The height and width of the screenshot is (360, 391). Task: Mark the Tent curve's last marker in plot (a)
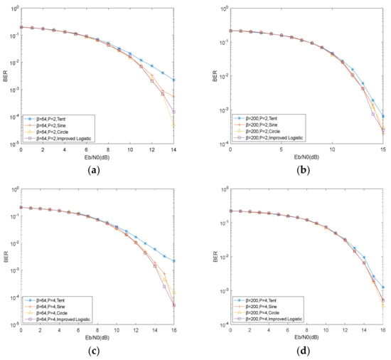click(x=174, y=80)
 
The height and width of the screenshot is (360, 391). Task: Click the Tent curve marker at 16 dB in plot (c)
click(x=174, y=261)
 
